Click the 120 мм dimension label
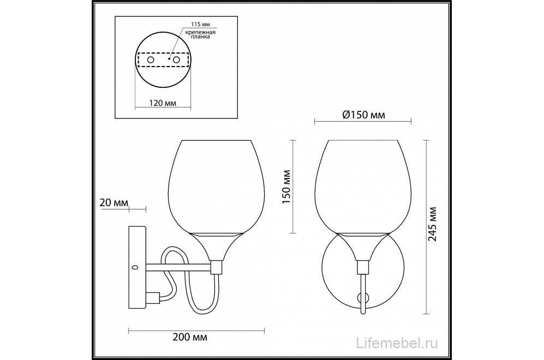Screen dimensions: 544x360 coord(163,103)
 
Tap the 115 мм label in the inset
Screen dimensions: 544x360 coord(201,25)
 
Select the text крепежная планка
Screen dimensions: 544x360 coord(200,34)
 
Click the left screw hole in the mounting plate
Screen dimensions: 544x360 coord(151,59)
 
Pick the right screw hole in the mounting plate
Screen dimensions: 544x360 coord(177,59)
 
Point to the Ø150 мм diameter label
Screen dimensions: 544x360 coord(363,115)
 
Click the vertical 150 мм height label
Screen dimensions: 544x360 coord(286,187)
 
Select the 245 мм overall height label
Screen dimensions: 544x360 coord(432,224)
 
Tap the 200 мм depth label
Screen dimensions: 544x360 coord(190,337)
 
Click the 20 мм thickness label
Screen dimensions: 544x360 coord(114,202)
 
